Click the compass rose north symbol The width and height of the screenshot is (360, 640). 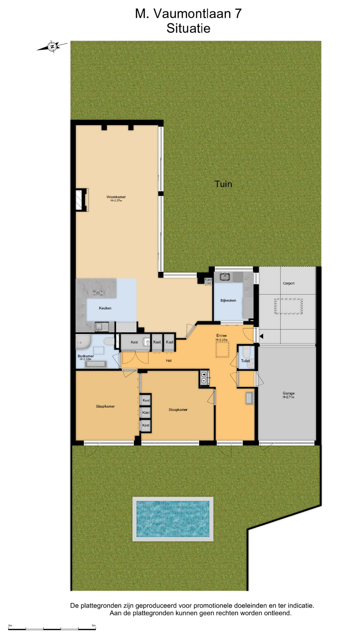(52, 47)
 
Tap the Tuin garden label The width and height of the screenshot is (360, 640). (223, 184)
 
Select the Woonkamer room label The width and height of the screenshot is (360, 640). (116, 197)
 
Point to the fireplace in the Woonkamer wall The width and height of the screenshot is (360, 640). (82, 200)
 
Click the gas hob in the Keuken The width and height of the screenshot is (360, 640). (98, 293)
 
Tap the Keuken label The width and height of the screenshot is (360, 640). (105, 308)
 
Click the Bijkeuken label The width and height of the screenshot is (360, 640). (228, 300)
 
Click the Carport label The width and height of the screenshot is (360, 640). (288, 283)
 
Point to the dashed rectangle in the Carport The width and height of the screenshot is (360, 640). (288, 306)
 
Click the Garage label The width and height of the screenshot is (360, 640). (288, 393)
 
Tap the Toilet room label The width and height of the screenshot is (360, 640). (245, 361)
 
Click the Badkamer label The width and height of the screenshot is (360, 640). (86, 356)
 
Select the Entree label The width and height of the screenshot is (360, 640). (221, 336)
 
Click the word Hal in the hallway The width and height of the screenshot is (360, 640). (169, 360)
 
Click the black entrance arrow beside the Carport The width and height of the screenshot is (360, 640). (261, 336)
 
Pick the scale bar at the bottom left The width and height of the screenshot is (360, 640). (52, 629)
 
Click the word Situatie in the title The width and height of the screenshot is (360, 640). (188, 28)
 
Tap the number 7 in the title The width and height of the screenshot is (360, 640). (238, 14)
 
